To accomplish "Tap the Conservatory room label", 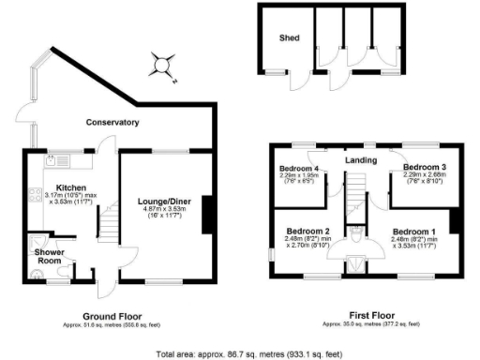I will tap(112, 123).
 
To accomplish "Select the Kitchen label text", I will tap(71, 187).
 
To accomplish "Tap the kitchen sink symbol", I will tap(46, 162).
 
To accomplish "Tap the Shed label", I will tap(287, 39).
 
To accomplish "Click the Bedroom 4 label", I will tap(299, 170).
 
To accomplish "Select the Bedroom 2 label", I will tap(307, 231).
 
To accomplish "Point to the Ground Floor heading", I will tap(112, 315).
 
